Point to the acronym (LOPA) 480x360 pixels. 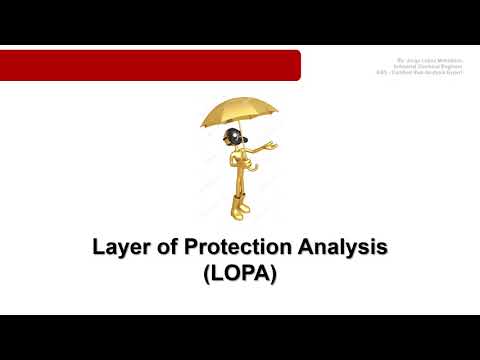click(239, 273)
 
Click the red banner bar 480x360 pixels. click(150, 65)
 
